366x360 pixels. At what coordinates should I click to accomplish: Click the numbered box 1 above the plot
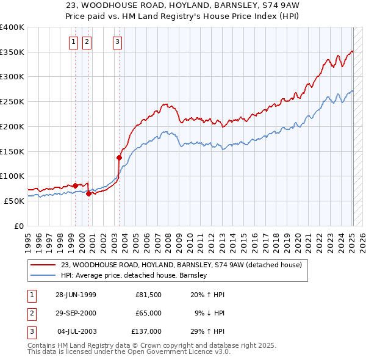pos(73,42)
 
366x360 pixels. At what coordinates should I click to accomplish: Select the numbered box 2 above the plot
pos(87,42)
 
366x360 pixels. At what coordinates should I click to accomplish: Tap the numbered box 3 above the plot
pos(117,42)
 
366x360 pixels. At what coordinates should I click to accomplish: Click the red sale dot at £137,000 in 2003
pos(119,157)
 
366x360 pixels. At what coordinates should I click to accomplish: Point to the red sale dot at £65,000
pos(89,193)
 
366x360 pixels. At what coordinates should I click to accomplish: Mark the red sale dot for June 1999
pos(76,185)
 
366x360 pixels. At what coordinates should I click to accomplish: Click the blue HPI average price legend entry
pos(134,276)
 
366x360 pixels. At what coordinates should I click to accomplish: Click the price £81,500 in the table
pos(148,295)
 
